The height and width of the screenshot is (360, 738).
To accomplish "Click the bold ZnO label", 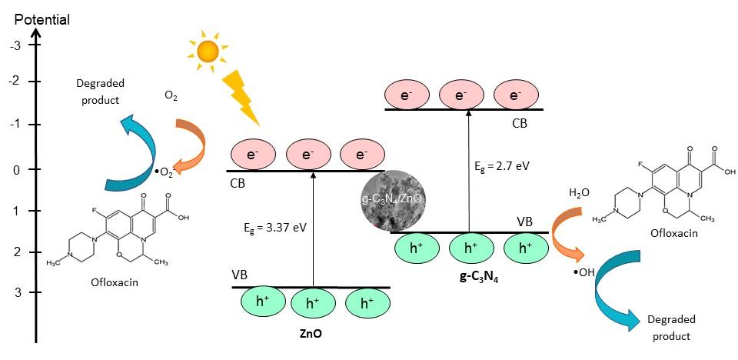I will pos(312,333).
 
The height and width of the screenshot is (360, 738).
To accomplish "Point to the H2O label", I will pos(580,192).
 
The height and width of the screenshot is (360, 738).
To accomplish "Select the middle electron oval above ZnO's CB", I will pos(307,155).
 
